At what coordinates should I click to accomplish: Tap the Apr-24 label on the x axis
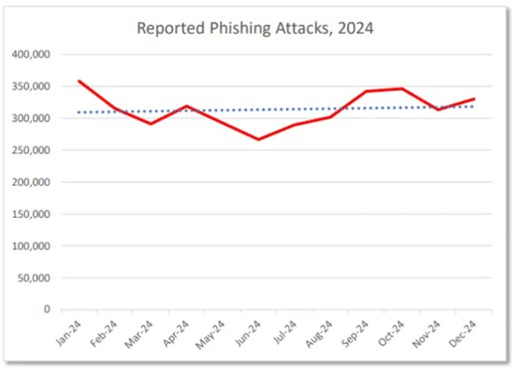click(176, 331)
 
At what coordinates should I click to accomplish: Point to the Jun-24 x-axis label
click(250, 331)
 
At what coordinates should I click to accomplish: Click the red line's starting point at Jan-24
click(78, 81)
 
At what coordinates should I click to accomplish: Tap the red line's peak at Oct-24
click(402, 89)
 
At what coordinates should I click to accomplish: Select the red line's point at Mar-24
click(151, 124)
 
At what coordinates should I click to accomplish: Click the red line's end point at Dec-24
click(474, 98)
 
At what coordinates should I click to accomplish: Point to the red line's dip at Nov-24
click(438, 109)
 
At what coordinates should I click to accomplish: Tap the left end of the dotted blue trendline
click(79, 112)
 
